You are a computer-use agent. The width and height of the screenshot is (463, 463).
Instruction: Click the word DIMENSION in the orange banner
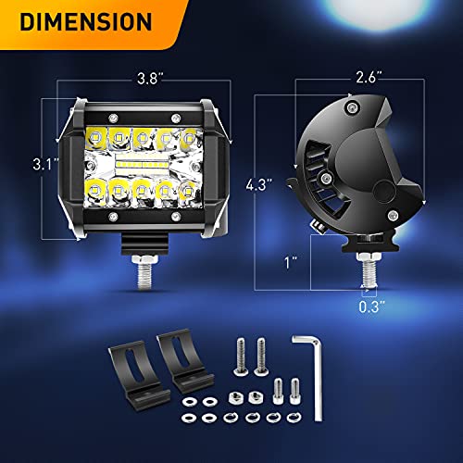[86, 21]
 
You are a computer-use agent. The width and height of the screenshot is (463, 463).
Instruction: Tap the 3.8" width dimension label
[150, 79]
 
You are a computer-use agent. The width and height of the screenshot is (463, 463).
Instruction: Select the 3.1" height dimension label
[45, 164]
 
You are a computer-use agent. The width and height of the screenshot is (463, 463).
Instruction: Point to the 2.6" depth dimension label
[369, 77]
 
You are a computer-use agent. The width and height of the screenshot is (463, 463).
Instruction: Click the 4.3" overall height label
[259, 184]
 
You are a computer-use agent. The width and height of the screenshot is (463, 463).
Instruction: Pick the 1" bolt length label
[291, 262]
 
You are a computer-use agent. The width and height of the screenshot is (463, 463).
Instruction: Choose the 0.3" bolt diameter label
[372, 307]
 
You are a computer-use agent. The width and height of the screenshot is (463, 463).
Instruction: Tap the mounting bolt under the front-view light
[144, 272]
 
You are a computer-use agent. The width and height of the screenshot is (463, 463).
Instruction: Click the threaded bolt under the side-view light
[369, 269]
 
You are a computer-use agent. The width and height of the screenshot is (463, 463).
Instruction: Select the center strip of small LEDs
[142, 163]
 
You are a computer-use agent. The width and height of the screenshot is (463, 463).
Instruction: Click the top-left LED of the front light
[95, 136]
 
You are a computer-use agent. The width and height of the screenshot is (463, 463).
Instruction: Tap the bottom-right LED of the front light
[188, 192]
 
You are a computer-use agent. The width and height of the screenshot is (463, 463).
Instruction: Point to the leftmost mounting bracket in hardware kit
[138, 375]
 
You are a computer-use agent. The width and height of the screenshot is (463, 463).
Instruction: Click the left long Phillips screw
[241, 357]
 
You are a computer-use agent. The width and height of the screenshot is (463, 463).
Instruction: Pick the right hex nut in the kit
[256, 397]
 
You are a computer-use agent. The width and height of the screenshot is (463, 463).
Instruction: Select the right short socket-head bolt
[295, 392]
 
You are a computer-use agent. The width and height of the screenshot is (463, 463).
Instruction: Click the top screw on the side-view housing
[351, 107]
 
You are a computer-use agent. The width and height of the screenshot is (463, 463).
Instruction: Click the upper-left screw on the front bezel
[113, 118]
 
